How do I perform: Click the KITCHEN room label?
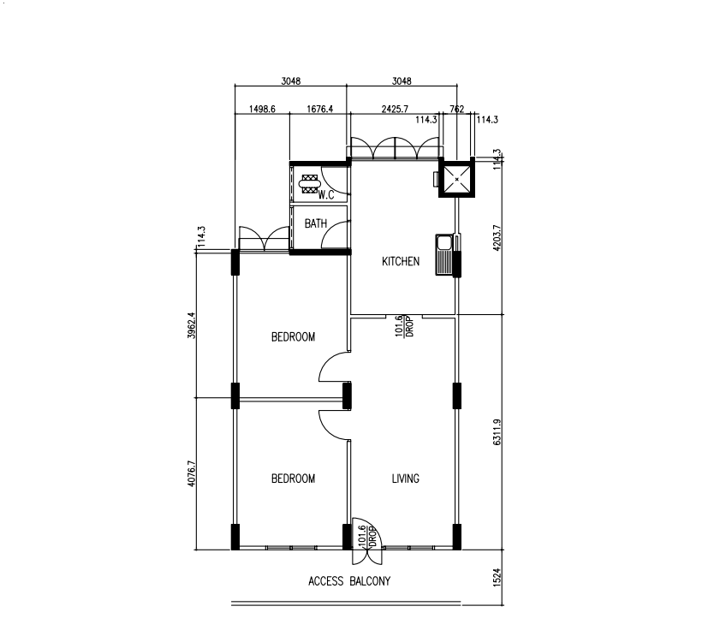[x=401, y=261]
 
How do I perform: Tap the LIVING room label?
[x=406, y=479]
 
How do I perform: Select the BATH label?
[x=316, y=223]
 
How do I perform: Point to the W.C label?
[x=326, y=195]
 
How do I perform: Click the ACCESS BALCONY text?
[x=349, y=581]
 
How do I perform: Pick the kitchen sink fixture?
[x=444, y=255]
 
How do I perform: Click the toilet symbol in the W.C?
[x=309, y=184]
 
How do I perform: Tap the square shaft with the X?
[x=456, y=179]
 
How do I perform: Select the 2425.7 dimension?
[x=395, y=109]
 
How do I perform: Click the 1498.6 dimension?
[x=262, y=109]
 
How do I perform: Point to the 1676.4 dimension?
[x=319, y=109]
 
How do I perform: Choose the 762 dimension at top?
[x=457, y=109]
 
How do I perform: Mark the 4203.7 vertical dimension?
[x=497, y=237]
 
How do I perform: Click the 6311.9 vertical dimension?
[x=497, y=432]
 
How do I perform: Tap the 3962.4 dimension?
[x=192, y=325]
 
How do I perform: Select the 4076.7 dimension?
[x=192, y=473]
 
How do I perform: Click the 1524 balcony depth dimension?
[x=497, y=578]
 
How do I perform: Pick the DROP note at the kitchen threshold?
[x=410, y=326]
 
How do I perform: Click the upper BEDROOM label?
[x=294, y=337]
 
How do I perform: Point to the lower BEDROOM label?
[x=294, y=479]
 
